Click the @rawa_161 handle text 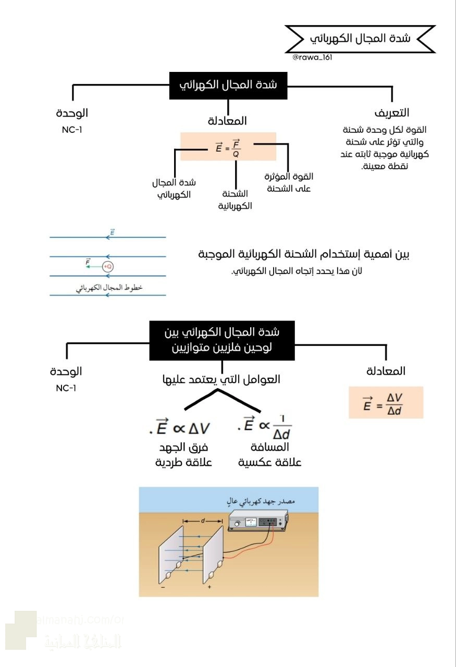(x=312, y=57)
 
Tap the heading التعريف (x=391, y=113)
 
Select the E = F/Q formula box (x=228, y=146)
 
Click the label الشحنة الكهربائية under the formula (x=235, y=200)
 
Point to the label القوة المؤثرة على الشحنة (x=289, y=182)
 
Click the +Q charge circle (x=107, y=266)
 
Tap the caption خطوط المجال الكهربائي (x=109, y=288)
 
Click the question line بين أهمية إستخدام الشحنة (x=304, y=254)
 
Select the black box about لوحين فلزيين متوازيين (x=222, y=340)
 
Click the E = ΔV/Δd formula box (x=386, y=402)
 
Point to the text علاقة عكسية (x=270, y=463)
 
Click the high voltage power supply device (x=258, y=522)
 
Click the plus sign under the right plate (x=209, y=587)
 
